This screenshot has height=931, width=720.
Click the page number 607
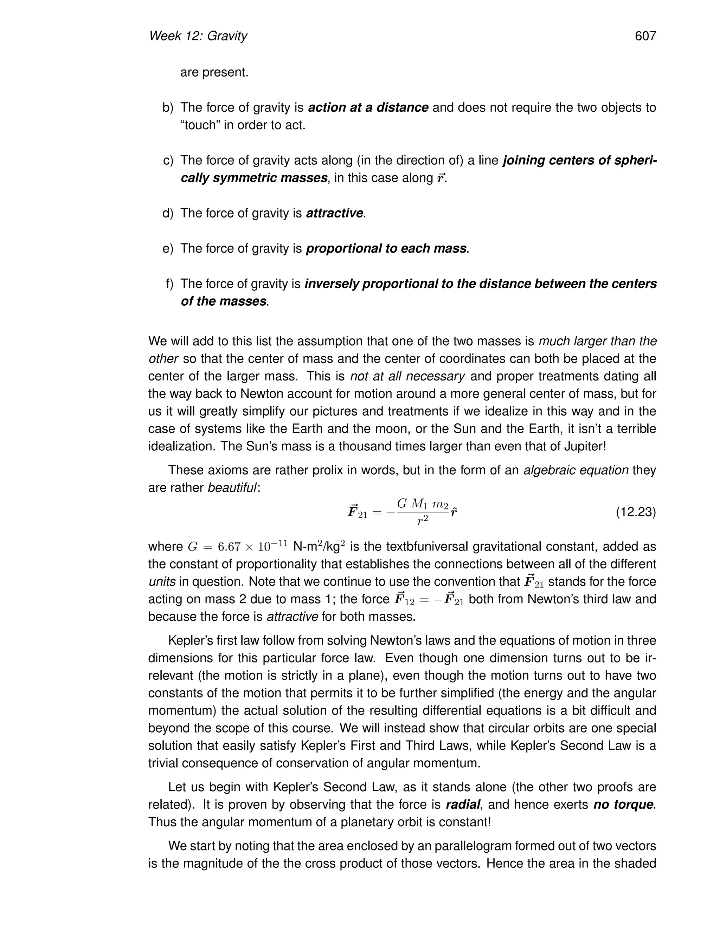[645, 36]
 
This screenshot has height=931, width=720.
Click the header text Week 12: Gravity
[198, 36]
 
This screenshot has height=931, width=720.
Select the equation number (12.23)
[636, 512]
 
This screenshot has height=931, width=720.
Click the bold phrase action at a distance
[368, 108]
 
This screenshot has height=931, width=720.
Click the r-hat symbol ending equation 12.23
[454, 512]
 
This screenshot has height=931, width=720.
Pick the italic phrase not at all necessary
[407, 376]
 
